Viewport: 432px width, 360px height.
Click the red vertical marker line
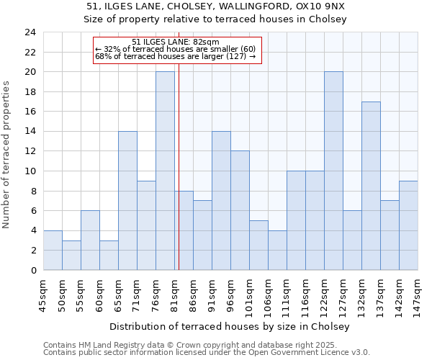tap(179, 180)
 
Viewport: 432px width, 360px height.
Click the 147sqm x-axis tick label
tap(418, 294)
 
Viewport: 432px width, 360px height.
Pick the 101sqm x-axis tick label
tap(249, 294)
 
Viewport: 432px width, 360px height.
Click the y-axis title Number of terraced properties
tap(7, 154)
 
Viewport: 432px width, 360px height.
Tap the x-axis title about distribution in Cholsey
tap(230, 327)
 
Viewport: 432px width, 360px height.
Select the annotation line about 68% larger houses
tap(175, 56)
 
